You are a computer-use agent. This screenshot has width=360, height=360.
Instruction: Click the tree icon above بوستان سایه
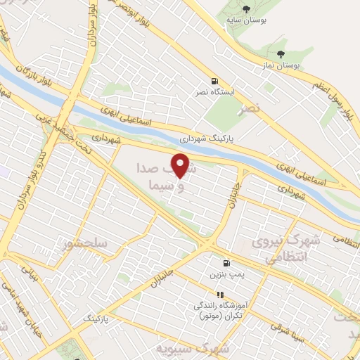point(246,8)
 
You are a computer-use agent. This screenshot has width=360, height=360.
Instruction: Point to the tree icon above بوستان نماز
point(281,53)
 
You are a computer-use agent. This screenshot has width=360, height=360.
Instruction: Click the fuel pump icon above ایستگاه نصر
point(214,81)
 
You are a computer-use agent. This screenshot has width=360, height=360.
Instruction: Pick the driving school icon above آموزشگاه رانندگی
point(219,295)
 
